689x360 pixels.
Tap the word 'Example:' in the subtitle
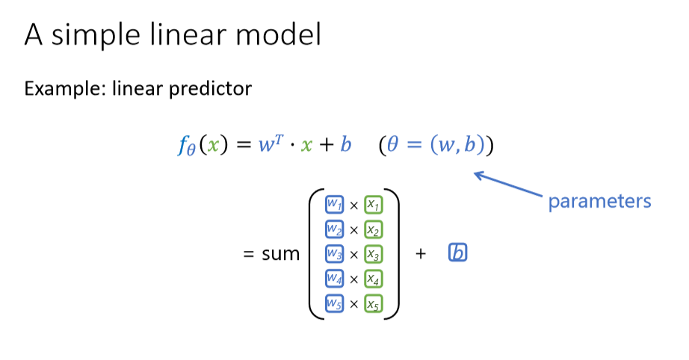click(65, 89)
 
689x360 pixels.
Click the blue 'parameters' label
click(599, 202)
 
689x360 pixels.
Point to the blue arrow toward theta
click(508, 184)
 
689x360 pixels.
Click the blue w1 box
click(334, 204)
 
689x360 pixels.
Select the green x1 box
click(374, 204)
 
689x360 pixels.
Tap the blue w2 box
click(334, 229)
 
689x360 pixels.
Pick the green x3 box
click(374, 254)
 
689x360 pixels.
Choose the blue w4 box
click(334, 279)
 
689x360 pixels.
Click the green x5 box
click(374, 304)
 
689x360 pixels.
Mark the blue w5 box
click(334, 304)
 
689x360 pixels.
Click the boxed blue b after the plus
click(457, 253)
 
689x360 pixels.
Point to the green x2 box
click(374, 229)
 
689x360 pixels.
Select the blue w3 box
click(334, 254)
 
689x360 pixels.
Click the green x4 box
click(374, 279)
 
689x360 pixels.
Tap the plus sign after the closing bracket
click(421, 254)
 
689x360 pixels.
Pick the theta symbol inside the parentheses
click(393, 145)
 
